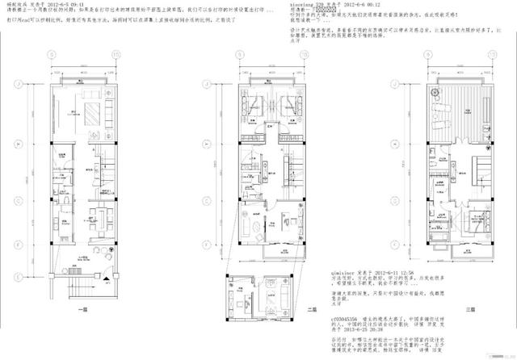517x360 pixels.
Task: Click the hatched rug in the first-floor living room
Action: tap(87, 107)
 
